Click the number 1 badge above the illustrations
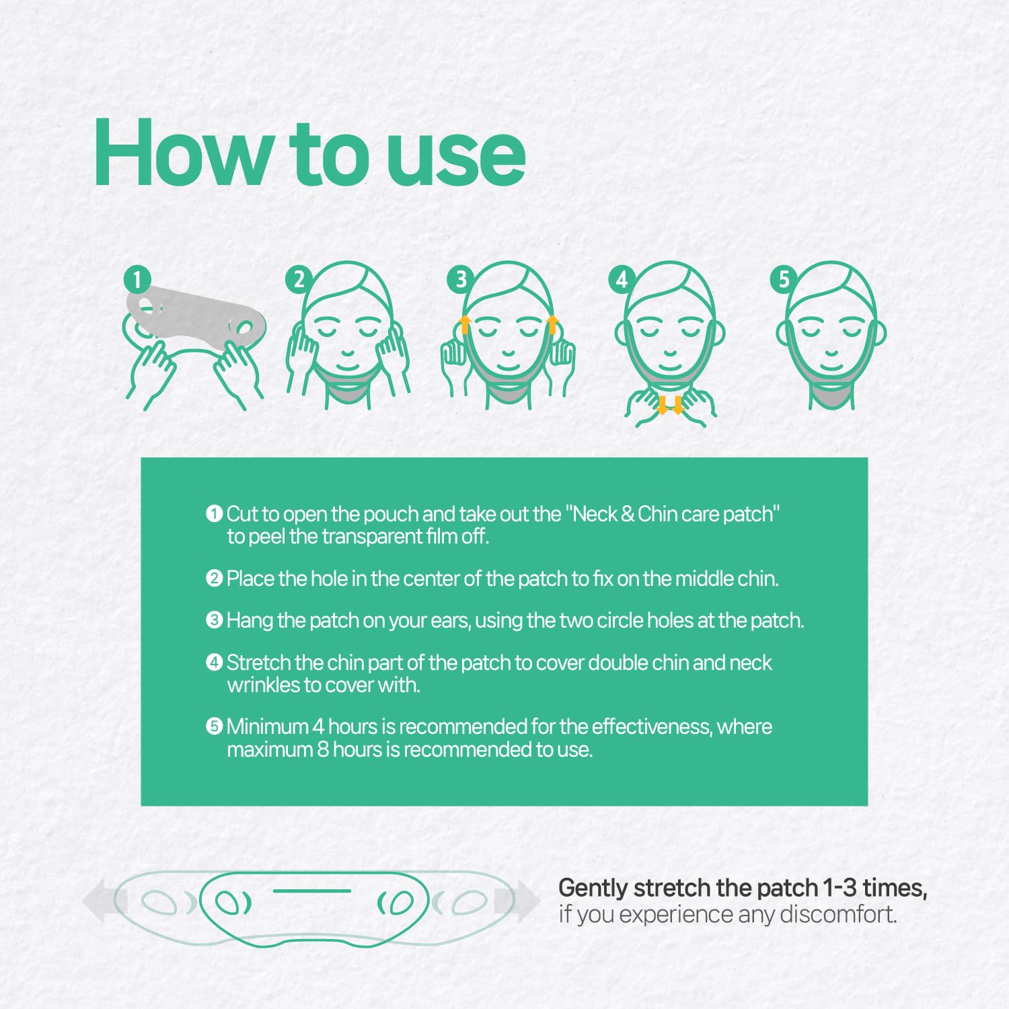pos(137,279)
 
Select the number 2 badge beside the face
pos(299,279)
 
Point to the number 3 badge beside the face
pos(461,279)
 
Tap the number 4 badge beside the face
pos(622,279)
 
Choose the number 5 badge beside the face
pos(784,279)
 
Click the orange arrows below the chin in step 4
pos(670,405)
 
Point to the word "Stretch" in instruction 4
pos(259,663)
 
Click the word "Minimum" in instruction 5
pos(268,726)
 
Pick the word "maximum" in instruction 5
pos(270,750)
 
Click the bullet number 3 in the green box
pos(214,620)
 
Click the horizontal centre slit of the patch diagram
pos(312,891)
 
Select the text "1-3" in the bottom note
pos(841,888)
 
